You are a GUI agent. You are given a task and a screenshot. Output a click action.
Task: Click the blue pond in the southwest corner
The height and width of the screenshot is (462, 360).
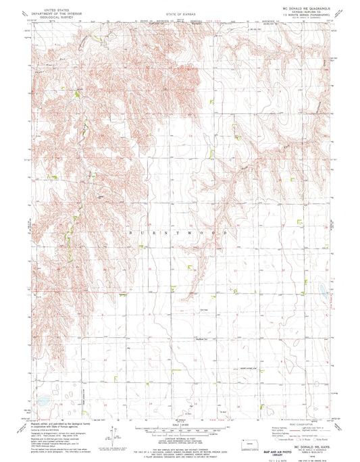(x=43, y=399)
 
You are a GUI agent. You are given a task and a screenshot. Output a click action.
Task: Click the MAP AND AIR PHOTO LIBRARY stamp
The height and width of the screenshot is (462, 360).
(x=273, y=446)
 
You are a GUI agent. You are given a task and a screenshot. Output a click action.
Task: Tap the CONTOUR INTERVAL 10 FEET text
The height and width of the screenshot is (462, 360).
(x=180, y=439)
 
